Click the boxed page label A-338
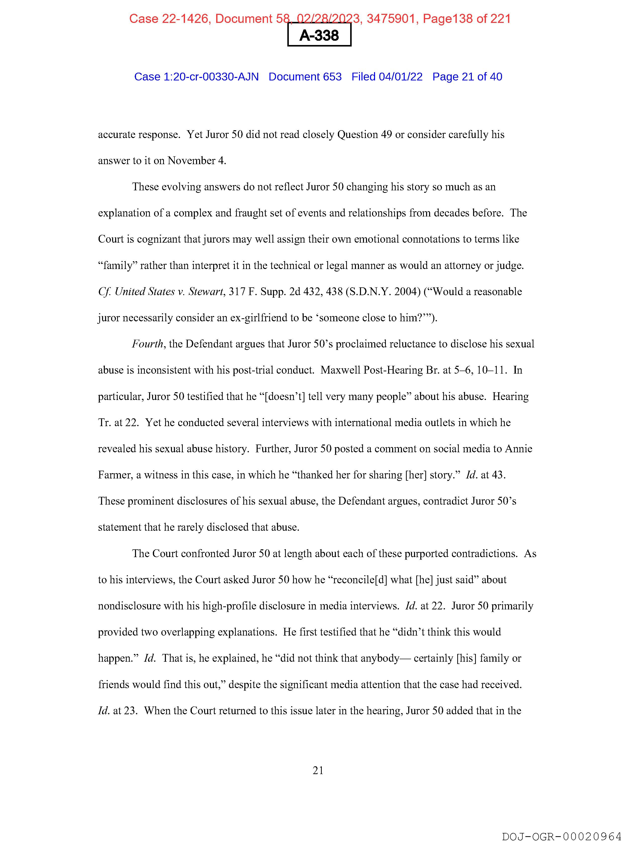coord(319,35)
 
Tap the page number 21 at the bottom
coord(318,770)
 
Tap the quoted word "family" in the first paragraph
coord(118,265)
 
